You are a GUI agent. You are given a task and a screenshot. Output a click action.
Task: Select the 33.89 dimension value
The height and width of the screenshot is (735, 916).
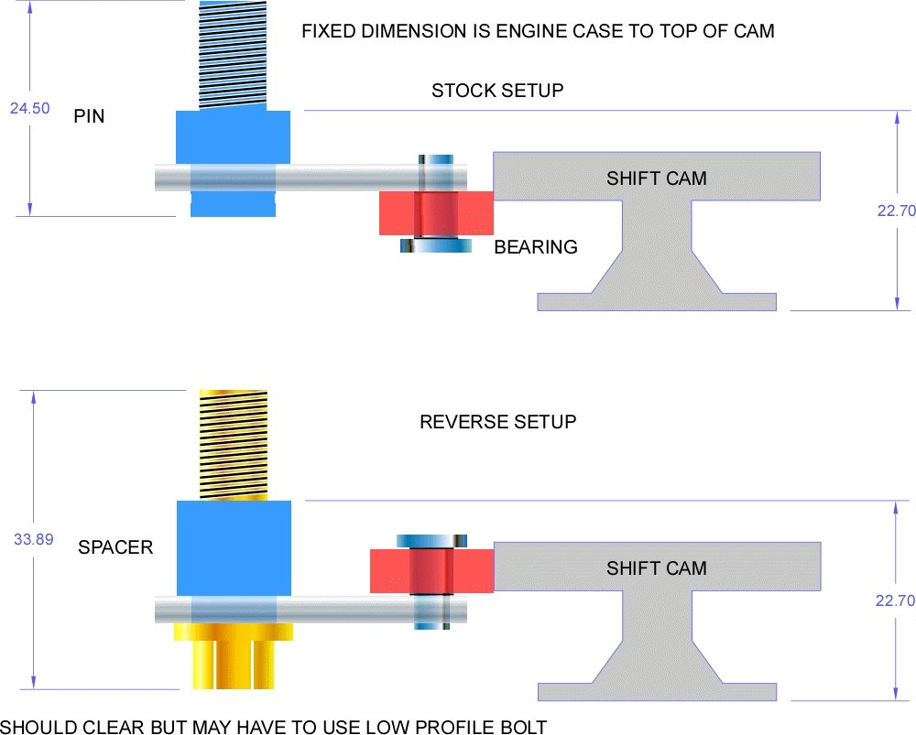(x=33, y=539)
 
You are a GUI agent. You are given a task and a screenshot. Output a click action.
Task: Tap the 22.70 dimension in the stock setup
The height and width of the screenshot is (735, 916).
(x=896, y=211)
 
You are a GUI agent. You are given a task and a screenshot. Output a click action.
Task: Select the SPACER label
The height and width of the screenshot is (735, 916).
(x=115, y=547)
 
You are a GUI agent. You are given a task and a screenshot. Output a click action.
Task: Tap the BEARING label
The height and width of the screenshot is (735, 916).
(x=536, y=247)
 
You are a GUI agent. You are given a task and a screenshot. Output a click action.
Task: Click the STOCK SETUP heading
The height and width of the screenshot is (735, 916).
(x=497, y=91)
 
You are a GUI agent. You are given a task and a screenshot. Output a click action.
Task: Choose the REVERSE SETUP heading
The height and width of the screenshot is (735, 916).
(x=497, y=422)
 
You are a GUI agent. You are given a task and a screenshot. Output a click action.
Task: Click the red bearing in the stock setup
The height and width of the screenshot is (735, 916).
(x=436, y=213)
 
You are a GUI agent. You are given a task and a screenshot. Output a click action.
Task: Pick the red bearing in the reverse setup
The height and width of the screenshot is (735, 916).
(x=431, y=569)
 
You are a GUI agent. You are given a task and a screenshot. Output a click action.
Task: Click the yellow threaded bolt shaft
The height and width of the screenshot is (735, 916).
(x=234, y=444)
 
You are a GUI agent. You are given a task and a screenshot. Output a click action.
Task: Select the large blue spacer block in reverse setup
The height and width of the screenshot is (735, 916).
(x=234, y=547)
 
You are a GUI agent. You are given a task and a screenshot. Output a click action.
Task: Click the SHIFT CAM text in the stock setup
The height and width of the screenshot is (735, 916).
(x=657, y=178)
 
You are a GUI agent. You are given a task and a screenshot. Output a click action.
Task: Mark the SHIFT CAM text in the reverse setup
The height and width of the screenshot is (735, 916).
(x=657, y=568)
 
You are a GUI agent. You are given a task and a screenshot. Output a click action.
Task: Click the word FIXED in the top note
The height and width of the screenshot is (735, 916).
(x=328, y=31)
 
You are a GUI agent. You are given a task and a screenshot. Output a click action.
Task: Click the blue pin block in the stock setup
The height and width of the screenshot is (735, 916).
(x=233, y=137)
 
